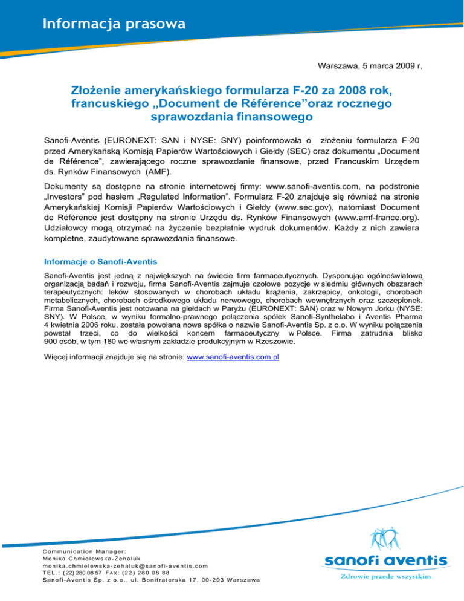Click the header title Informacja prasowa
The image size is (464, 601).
[x=114, y=25]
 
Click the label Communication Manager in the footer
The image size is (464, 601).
[x=84, y=551]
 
